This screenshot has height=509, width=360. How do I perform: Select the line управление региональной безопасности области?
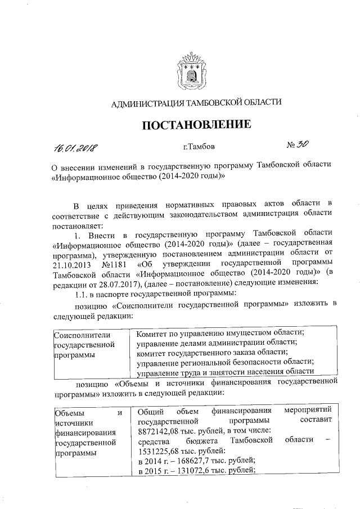point(224,362)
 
